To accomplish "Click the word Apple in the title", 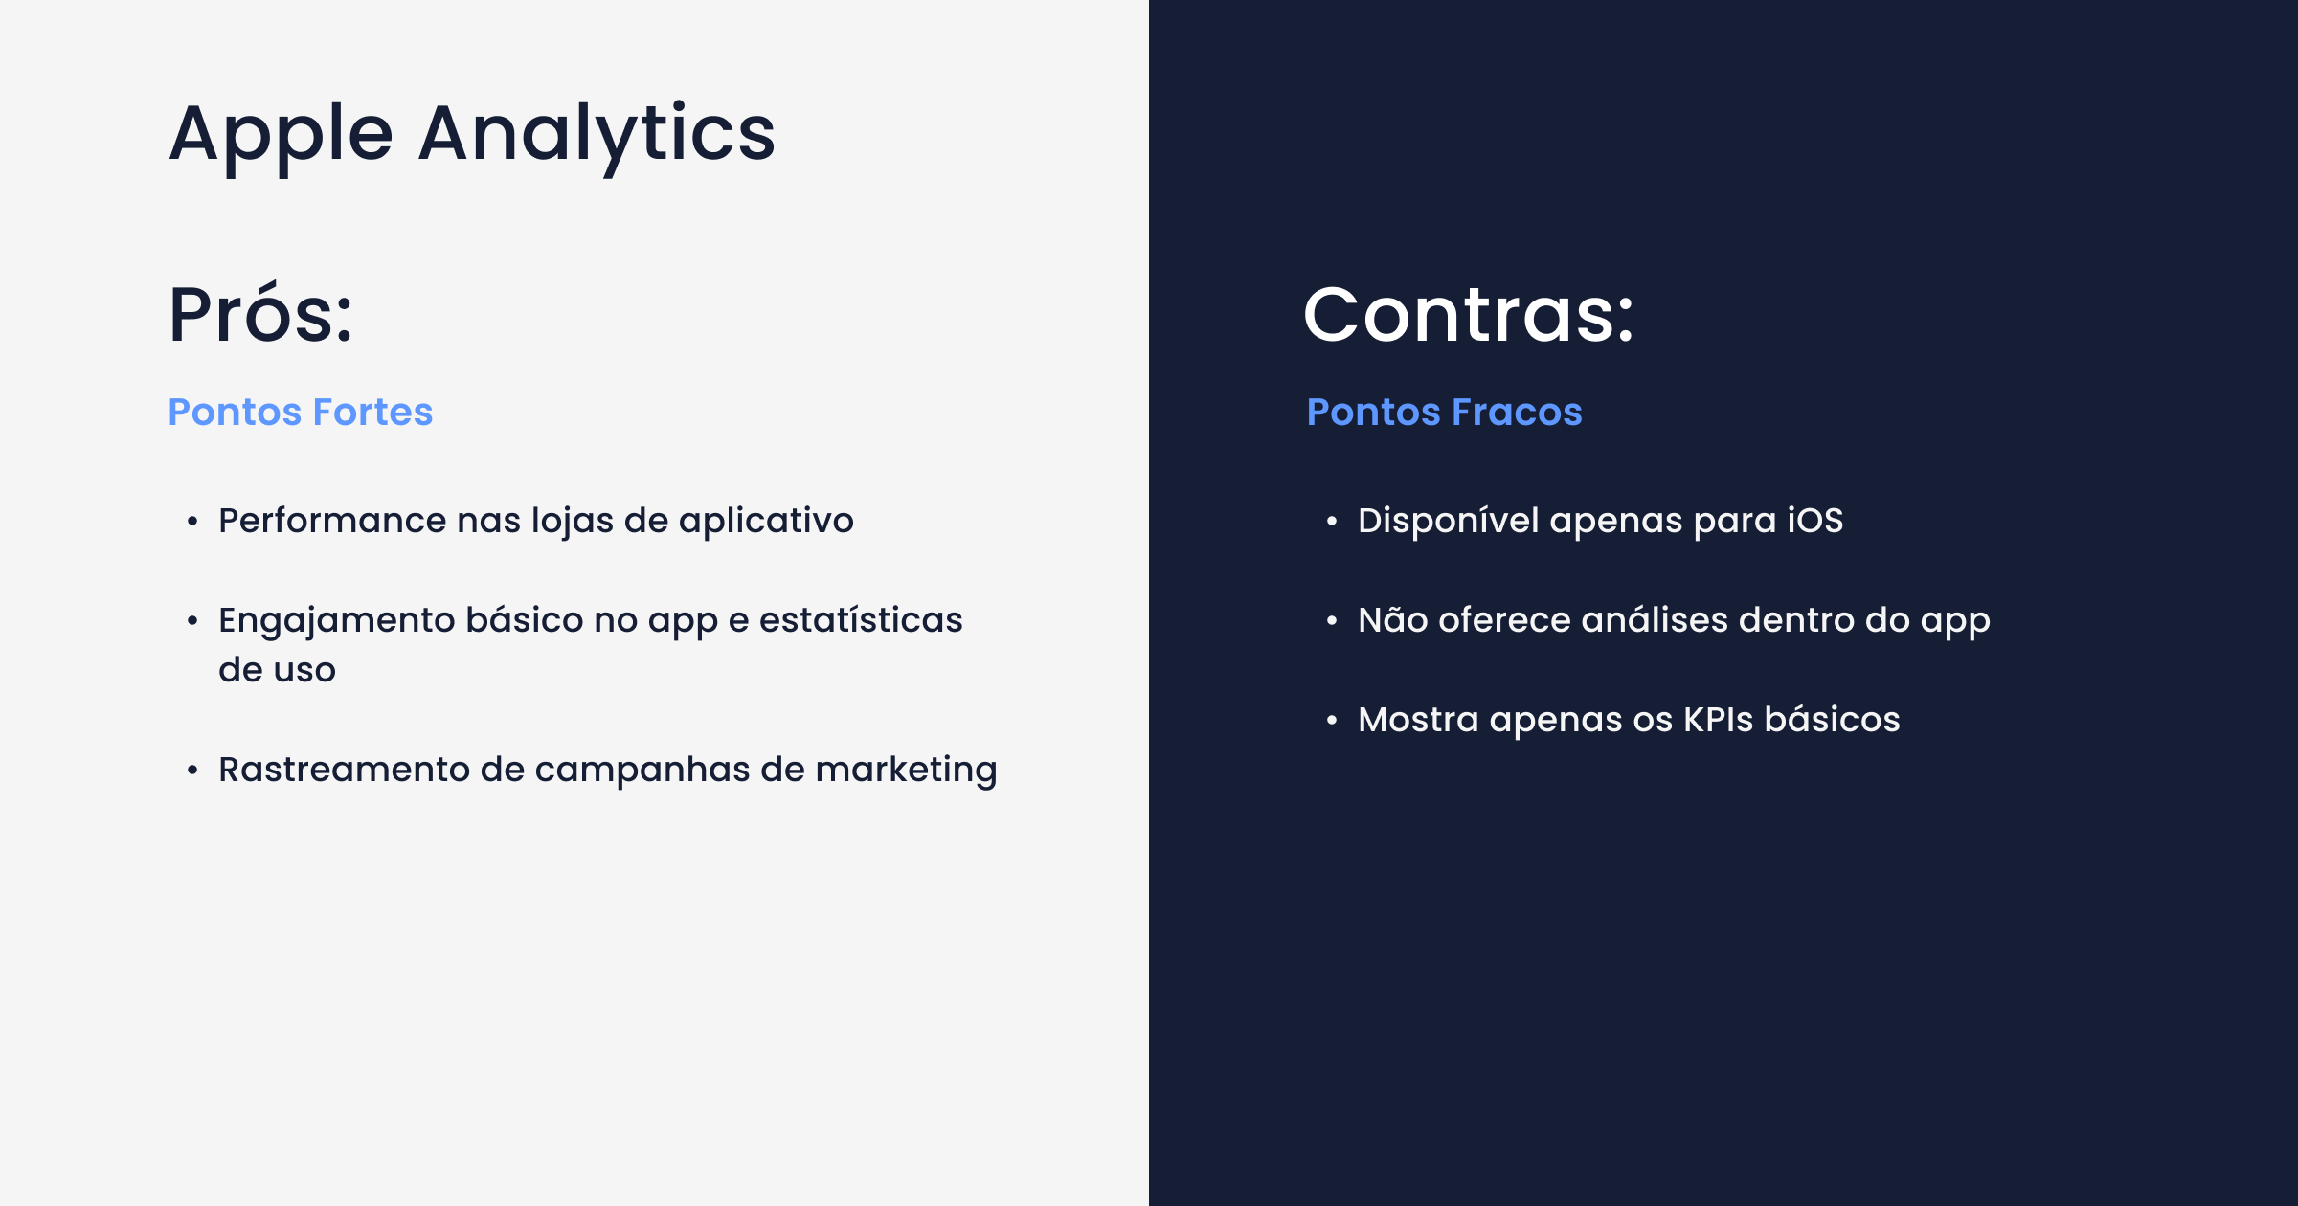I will coord(281,135).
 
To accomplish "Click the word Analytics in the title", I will coord(597,135).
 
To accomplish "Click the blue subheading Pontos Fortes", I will coord(300,412).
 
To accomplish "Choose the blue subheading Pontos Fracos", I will coord(1444,412).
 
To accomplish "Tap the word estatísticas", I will coord(861,620).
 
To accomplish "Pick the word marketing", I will coord(906,770).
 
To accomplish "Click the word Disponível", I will coord(1448,521).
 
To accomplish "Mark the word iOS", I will coord(1814,521).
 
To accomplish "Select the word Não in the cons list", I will coord(1393,619).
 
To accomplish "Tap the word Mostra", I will coord(1418,720).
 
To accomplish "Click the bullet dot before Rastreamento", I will coord(192,770).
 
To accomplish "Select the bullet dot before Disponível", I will coord(1332,521).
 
